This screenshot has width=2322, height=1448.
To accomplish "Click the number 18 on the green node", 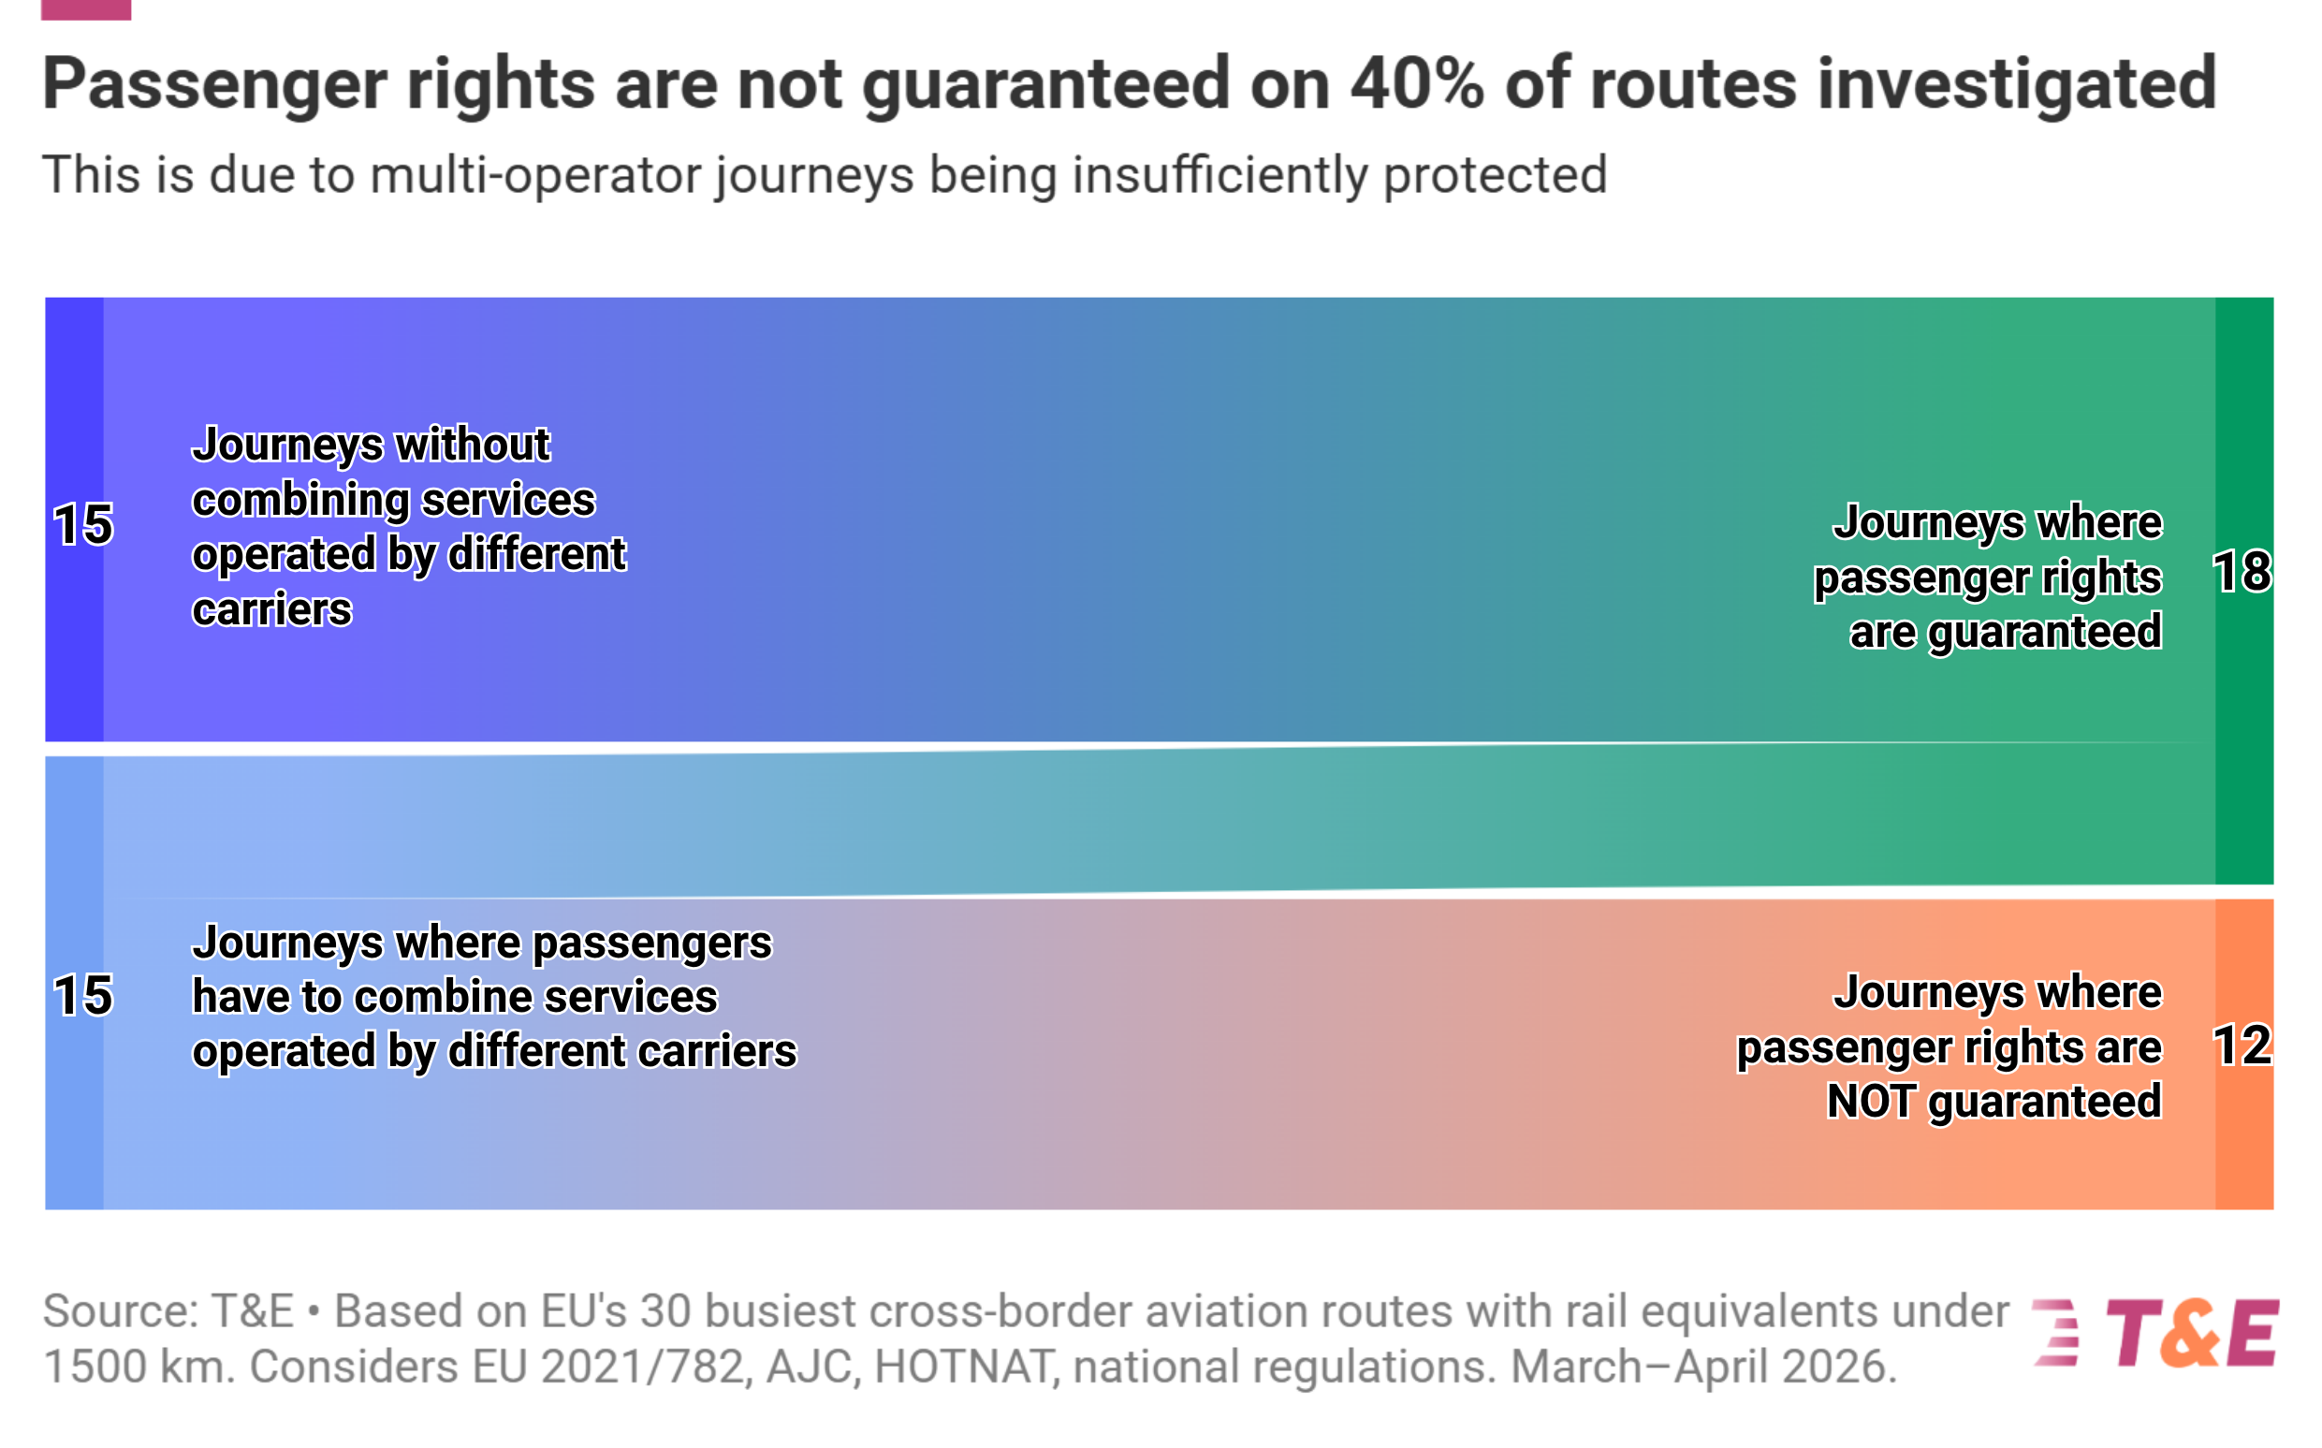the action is pyautogui.click(x=2241, y=573).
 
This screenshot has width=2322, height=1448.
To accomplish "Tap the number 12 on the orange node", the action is pyautogui.click(x=2241, y=1046).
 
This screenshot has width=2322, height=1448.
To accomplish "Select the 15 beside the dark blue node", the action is pyautogui.click(x=83, y=525).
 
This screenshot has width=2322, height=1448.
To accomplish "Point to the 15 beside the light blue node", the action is pyautogui.click(x=83, y=996).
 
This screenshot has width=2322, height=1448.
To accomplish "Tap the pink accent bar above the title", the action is pyautogui.click(x=86, y=9).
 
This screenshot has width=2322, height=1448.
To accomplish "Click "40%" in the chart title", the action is pyautogui.click(x=1417, y=83).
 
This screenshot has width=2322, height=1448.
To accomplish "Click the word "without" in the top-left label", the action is pyautogui.click(x=473, y=445).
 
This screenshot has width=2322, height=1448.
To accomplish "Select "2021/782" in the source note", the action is pyautogui.click(x=642, y=1367).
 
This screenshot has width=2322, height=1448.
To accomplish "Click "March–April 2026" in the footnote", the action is pyautogui.click(x=1702, y=1367).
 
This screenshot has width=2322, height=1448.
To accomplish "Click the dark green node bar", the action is pyautogui.click(x=2243, y=591).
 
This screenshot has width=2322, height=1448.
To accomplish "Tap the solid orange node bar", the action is pyautogui.click(x=2243, y=1054).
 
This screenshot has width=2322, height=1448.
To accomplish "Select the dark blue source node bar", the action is pyautogui.click(x=75, y=519).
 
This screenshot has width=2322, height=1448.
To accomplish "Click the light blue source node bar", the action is pyautogui.click(x=75, y=983).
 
